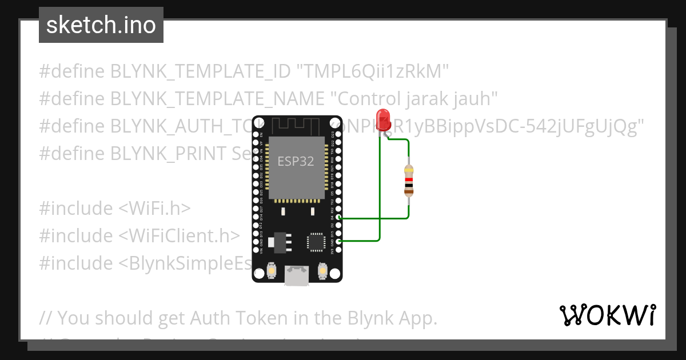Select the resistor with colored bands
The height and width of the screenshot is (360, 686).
[408, 181]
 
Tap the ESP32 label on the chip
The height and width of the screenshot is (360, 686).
[296, 162]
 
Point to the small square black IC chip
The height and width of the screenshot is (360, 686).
[315, 242]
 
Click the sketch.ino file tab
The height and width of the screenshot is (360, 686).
[101, 25]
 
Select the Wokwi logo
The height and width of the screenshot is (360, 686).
[607, 315]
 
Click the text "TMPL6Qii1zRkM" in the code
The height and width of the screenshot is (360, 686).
[372, 71]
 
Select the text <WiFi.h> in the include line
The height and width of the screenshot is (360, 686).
[154, 209]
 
